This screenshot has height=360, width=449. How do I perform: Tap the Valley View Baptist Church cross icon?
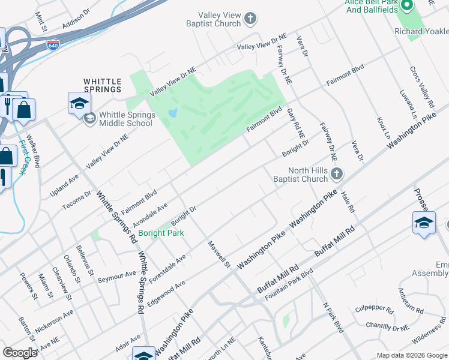(250, 20)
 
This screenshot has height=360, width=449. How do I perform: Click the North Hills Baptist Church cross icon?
(337, 175)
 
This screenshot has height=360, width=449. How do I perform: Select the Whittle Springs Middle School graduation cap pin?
(79, 103)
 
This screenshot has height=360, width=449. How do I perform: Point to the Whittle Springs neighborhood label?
(102, 85)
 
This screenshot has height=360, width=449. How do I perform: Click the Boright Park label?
(160, 233)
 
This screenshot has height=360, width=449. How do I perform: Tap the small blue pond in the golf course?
(173, 113)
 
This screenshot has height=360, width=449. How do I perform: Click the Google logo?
(20, 353)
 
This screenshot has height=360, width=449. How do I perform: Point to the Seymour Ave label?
(117, 274)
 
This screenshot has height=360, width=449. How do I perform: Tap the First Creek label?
(24, 157)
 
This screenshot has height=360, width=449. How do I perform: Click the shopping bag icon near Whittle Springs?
(24, 110)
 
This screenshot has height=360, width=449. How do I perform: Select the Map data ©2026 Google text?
(411, 355)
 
